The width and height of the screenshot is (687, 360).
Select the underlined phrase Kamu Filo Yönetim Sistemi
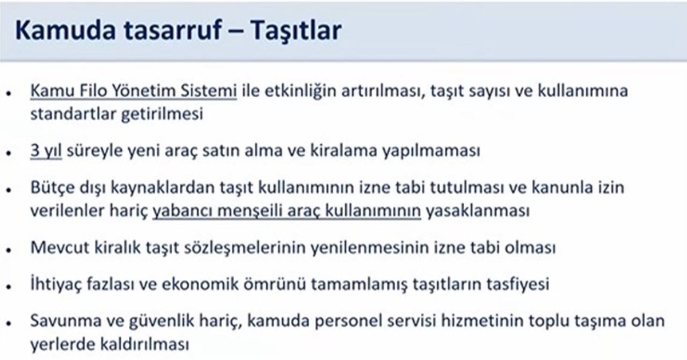133,91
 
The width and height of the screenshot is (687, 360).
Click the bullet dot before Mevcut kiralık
10,251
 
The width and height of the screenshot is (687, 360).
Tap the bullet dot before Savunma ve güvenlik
10,322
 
